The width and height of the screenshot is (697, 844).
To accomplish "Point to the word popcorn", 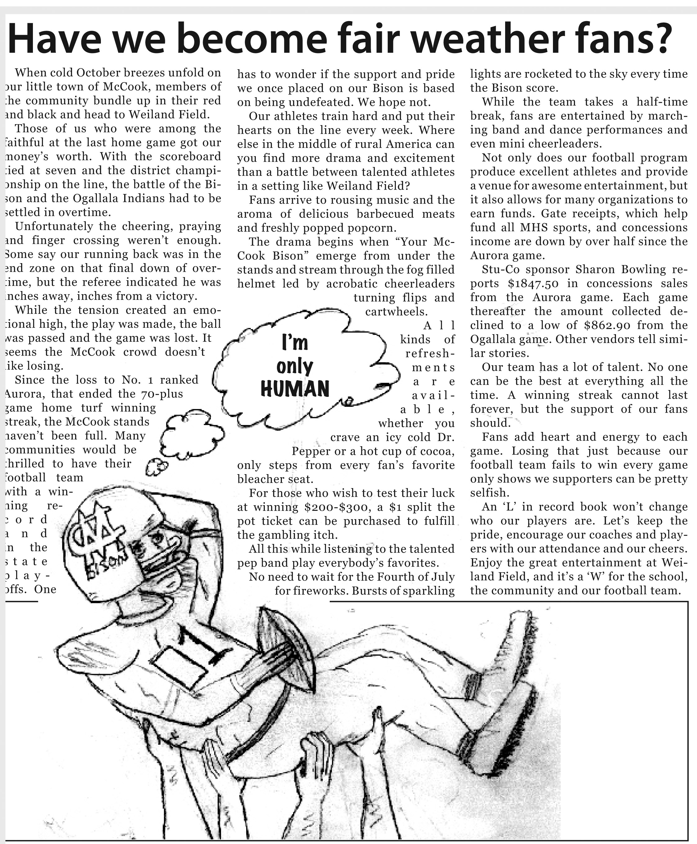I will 373,227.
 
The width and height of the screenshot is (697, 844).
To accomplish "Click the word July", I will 442,577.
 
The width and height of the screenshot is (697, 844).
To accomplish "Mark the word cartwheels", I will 396,312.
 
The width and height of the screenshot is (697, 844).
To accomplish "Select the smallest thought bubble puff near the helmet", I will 156,466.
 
